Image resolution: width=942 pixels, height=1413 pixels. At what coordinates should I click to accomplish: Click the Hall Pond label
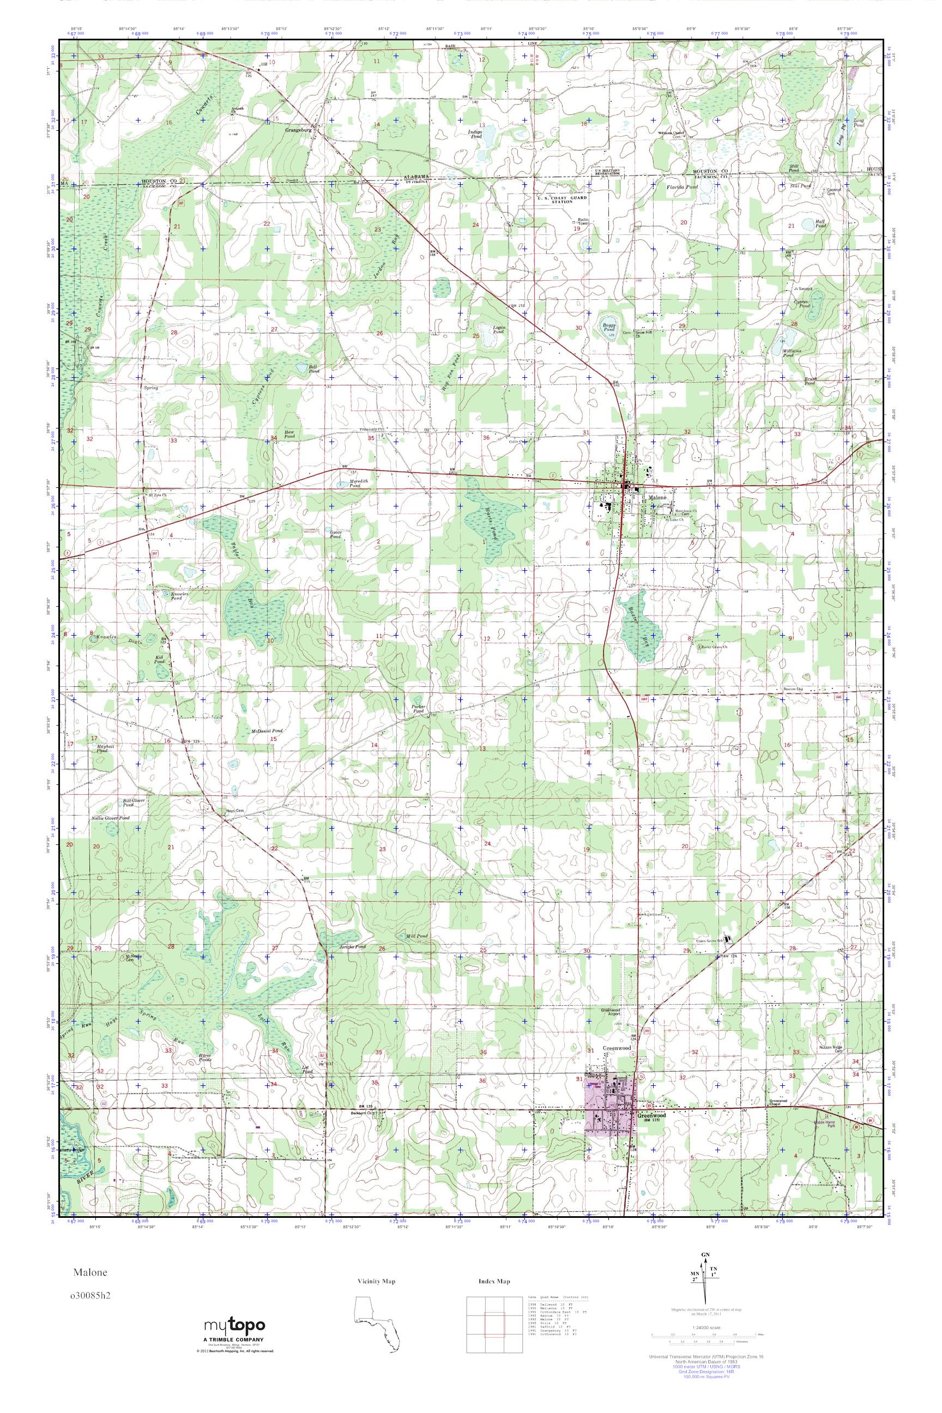(820, 224)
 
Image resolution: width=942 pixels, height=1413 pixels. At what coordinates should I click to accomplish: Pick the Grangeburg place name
(300, 129)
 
